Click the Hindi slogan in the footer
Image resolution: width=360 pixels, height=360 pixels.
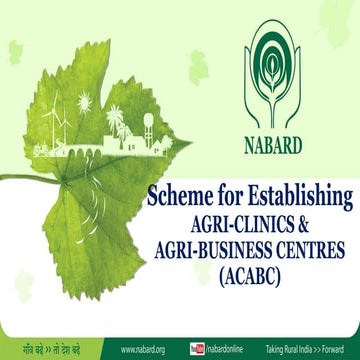pos(51,350)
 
